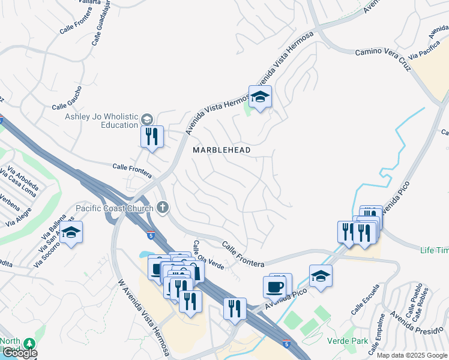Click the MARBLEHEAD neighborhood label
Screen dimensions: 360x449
[x=221, y=149]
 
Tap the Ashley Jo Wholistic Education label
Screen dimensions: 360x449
[x=102, y=121]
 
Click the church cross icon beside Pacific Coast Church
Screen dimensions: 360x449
[x=162, y=208]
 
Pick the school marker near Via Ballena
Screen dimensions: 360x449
[x=71, y=233]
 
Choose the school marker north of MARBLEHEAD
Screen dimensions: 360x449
[x=260, y=97]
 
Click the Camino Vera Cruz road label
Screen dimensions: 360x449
[x=385, y=60]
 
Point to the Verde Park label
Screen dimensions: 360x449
[x=346, y=341]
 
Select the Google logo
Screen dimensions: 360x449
[x=19, y=353]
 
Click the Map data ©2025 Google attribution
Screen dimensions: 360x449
[x=412, y=355]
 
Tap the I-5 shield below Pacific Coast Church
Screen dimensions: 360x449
[x=151, y=236]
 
